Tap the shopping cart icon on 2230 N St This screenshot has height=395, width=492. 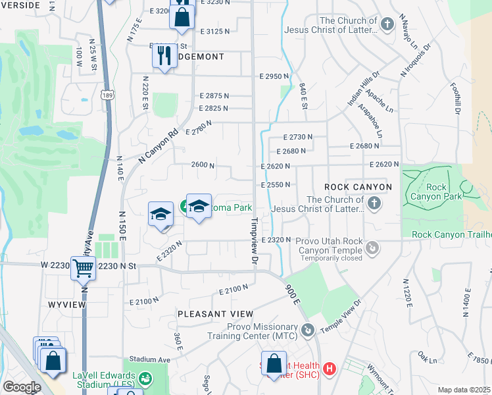tap(83, 267)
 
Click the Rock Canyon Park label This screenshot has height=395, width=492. tap(428, 192)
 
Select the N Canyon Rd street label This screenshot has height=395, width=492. tap(159, 145)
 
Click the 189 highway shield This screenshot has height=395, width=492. tap(107, 96)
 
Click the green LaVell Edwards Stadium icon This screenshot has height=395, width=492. tap(146, 379)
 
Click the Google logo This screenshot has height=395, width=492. tap(21, 387)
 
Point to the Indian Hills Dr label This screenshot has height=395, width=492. tap(360, 90)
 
